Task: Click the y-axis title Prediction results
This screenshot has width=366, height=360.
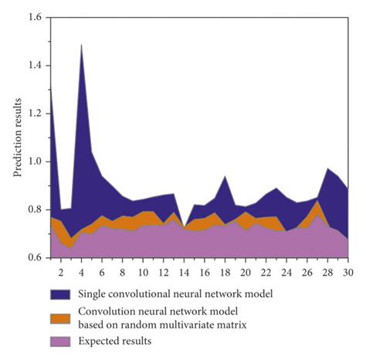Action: [17, 138]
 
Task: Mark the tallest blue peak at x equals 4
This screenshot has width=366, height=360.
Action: [81, 45]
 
